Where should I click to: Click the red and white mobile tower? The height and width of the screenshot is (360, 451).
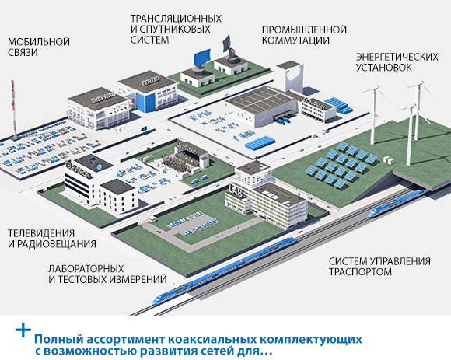coord(13,110)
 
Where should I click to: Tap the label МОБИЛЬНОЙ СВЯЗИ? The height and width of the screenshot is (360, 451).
coord(39,47)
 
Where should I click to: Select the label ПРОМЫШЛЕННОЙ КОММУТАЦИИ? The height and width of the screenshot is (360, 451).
coord(304,35)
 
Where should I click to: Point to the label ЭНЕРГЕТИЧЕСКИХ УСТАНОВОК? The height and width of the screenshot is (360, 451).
coord(397,62)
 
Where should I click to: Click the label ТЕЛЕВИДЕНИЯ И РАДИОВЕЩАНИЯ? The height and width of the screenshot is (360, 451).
coord(52,239)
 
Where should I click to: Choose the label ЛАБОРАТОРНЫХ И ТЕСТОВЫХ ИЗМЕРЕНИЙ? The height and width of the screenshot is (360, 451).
coord(107,274)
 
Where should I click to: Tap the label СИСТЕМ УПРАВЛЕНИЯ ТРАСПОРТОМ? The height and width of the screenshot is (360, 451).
coord(379,266)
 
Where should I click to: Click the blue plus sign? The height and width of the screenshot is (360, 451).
coord(23,330)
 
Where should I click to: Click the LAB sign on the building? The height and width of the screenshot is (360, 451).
coord(236,191)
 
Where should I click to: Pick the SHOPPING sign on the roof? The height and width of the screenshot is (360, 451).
coord(103,97)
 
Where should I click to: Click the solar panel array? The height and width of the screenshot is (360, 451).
coord(341,163)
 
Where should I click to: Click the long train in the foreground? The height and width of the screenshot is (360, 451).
coord(226,270)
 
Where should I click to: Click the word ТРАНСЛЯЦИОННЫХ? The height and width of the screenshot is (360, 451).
coord(176,19)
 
